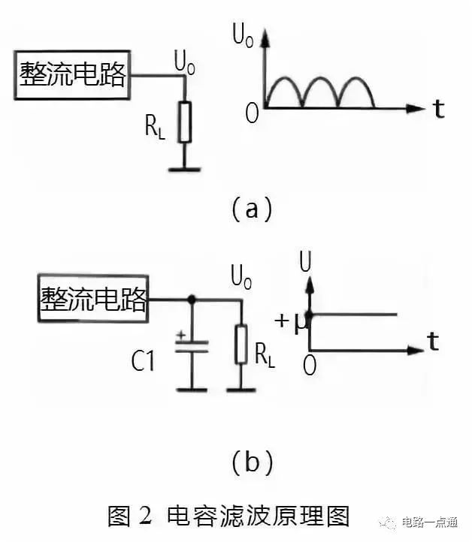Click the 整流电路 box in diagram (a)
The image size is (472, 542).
click(x=72, y=75)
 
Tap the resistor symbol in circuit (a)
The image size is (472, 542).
click(x=184, y=122)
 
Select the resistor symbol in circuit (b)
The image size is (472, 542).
click(x=241, y=344)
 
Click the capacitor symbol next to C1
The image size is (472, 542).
click(x=192, y=348)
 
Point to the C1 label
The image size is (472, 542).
click(x=143, y=362)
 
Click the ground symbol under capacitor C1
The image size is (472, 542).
click(x=192, y=389)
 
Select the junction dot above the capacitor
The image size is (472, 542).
click(x=192, y=300)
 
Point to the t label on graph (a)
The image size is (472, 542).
click(x=438, y=110)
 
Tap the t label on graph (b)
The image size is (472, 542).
click(x=433, y=343)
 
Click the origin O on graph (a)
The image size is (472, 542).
click(x=252, y=114)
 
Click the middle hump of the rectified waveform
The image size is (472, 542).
click(x=321, y=92)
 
